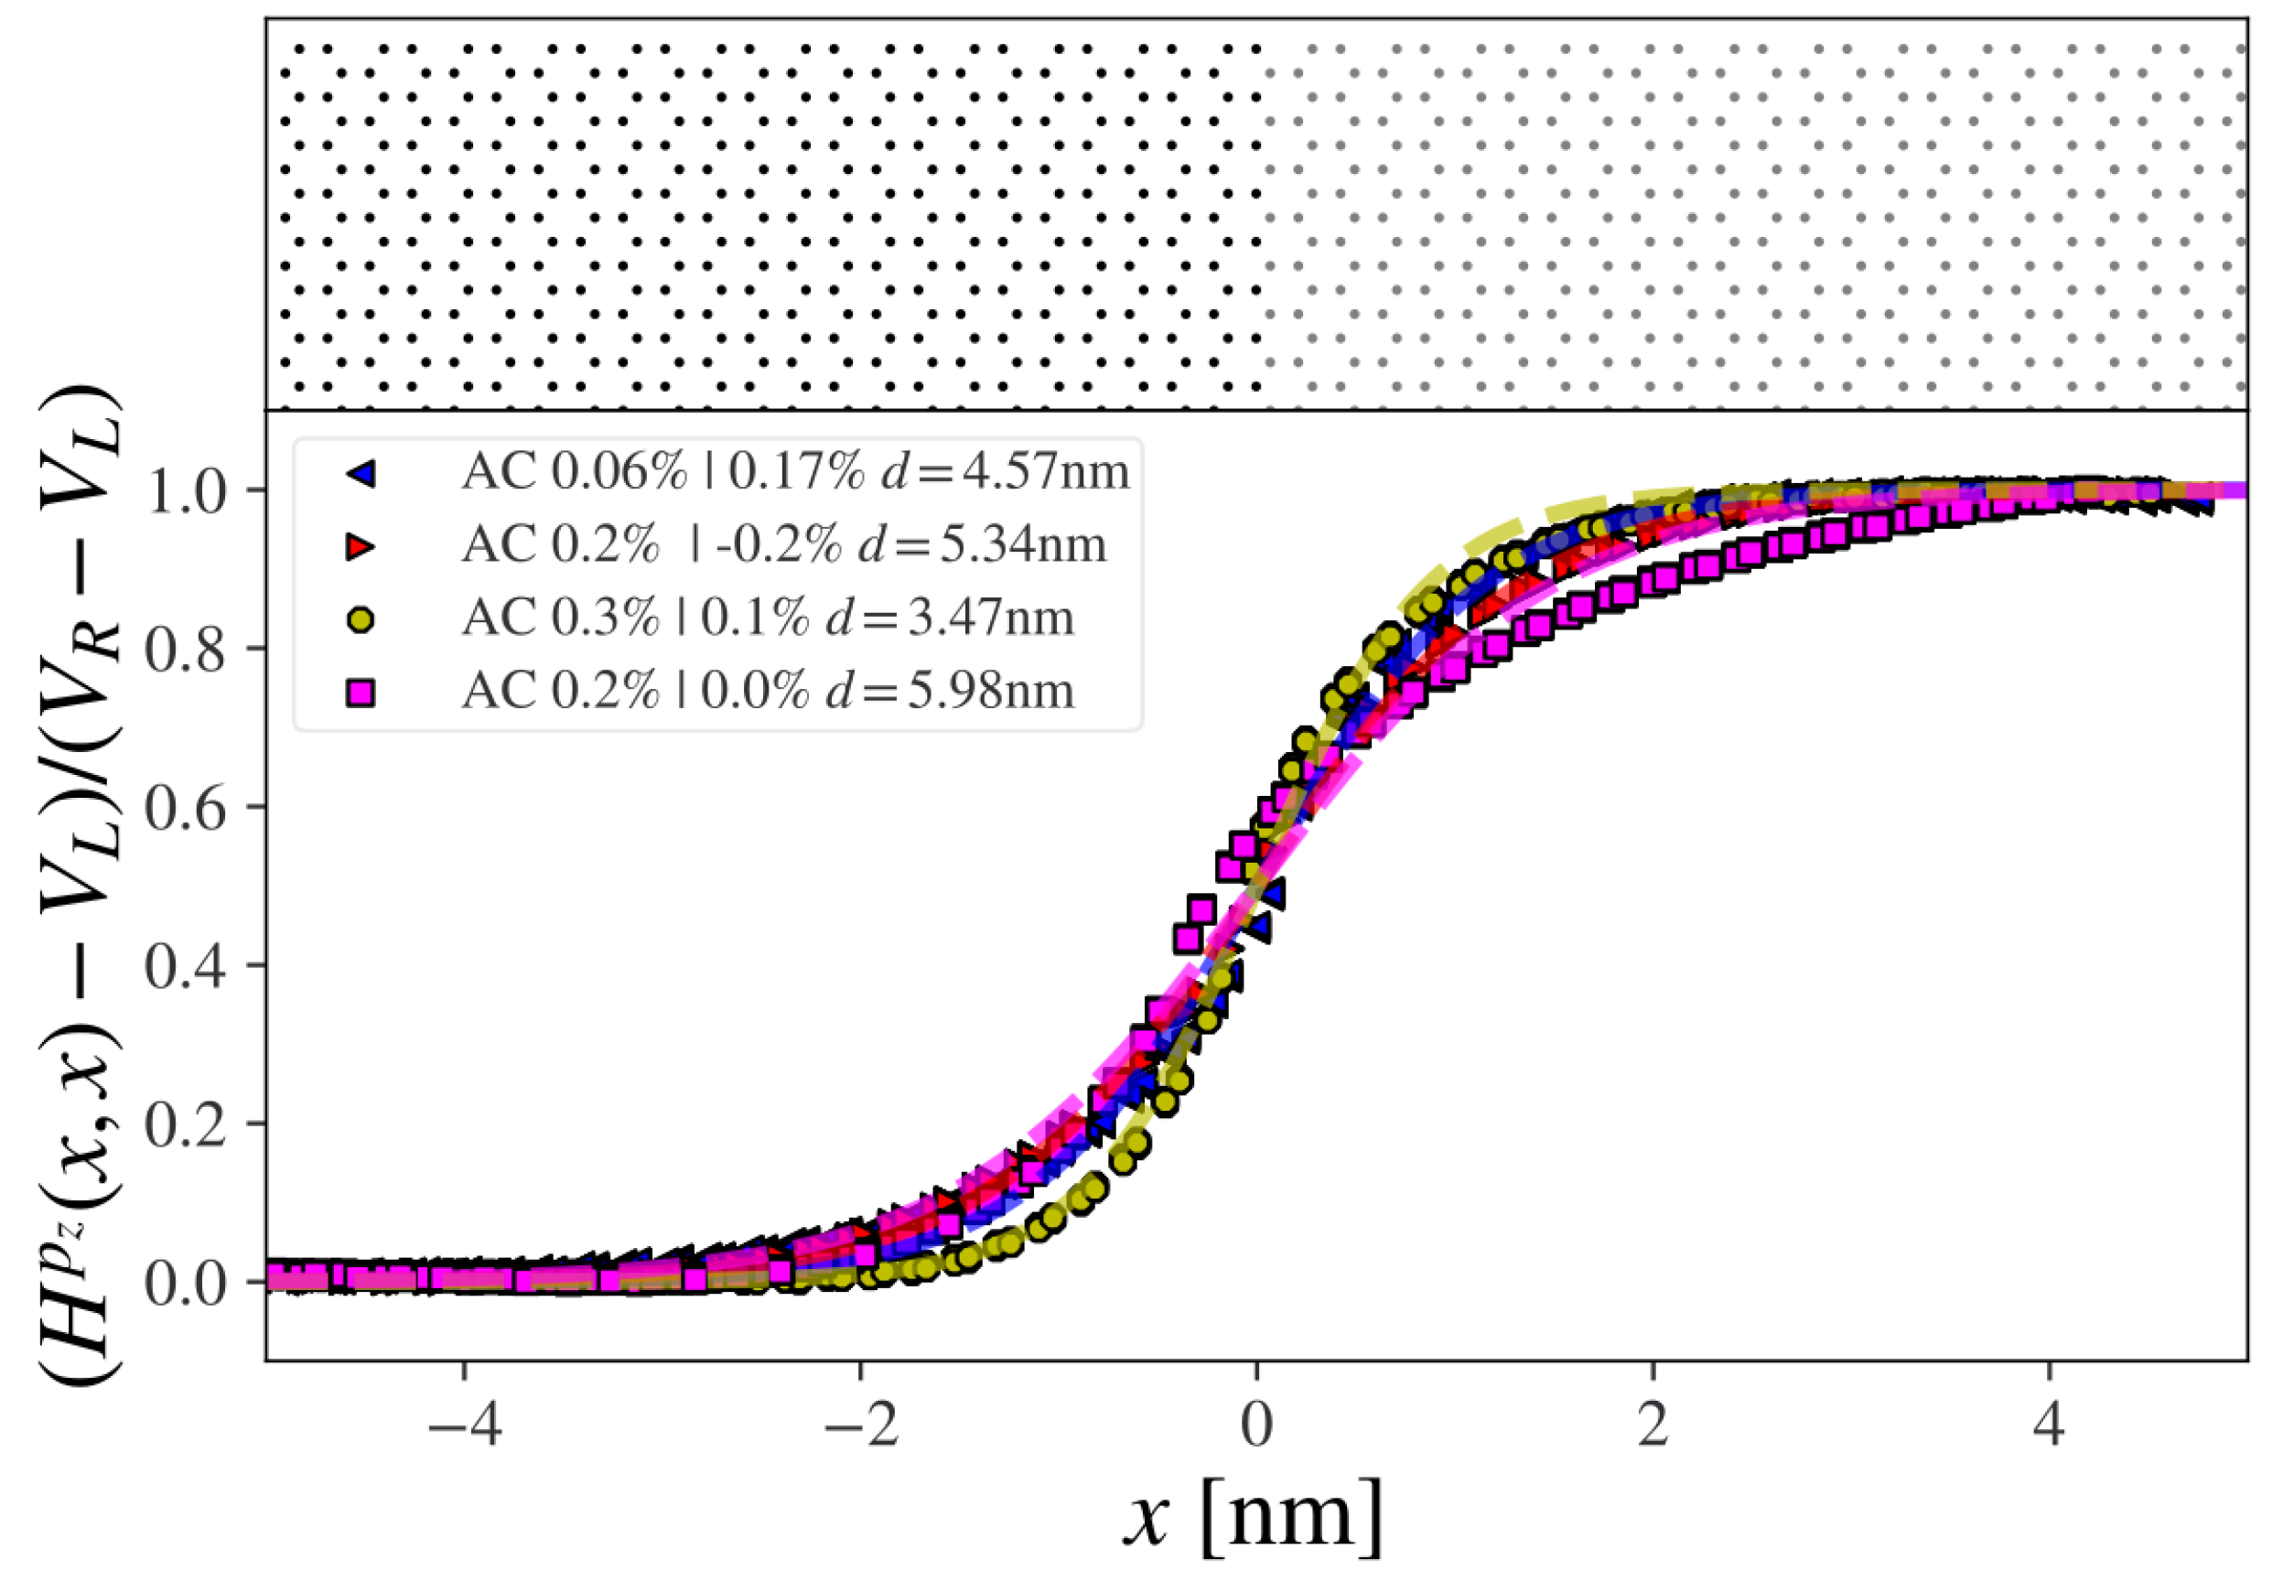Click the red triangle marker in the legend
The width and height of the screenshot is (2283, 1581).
click(361, 547)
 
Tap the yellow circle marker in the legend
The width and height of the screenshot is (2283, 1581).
click(361, 620)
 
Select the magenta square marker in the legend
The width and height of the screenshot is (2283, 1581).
click(361, 694)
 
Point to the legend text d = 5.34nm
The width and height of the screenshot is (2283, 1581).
click(982, 544)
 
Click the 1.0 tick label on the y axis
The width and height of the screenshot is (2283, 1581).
click(186, 491)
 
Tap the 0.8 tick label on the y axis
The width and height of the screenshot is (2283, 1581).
click(186, 650)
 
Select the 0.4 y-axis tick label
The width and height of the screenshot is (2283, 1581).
click(186, 966)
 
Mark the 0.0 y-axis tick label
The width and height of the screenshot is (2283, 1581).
click(186, 1284)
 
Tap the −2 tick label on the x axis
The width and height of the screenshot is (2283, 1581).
click(860, 1427)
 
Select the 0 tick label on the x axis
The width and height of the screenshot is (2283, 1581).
click(1256, 1427)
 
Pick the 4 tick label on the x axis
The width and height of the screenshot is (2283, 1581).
click(2048, 1427)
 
